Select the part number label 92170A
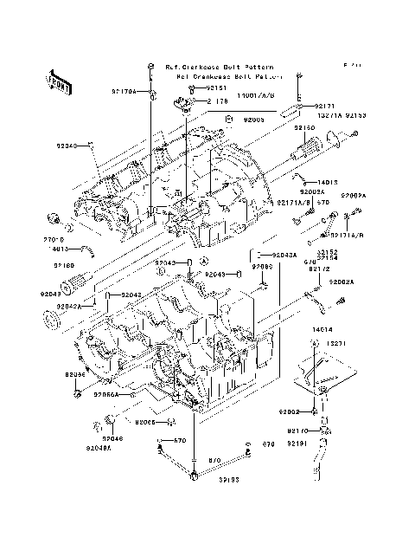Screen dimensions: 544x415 [x=123, y=90]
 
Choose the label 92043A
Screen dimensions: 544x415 [x=284, y=256]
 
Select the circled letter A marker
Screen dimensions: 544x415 [x=204, y=260]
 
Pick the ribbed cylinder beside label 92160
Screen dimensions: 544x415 [x=75, y=282]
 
